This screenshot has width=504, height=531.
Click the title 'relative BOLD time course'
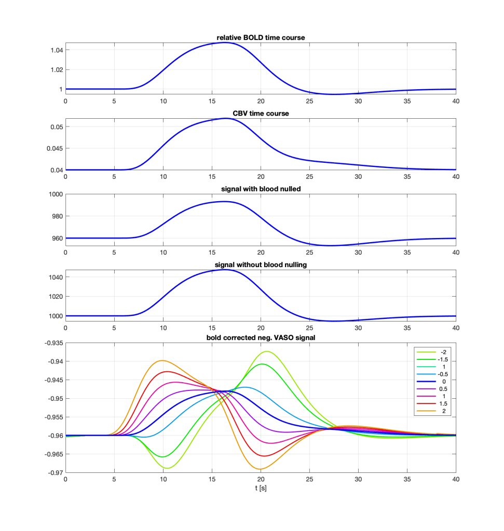261,37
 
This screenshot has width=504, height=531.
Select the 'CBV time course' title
261,113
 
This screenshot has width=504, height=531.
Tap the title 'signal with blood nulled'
261,189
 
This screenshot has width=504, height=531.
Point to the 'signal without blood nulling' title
261,265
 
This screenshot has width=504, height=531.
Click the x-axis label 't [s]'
261,488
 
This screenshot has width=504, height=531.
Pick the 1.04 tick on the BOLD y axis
53,50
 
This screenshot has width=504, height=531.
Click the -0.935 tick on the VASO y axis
50,343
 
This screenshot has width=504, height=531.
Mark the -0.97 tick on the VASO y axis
52,472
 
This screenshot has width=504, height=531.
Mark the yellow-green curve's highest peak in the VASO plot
267,352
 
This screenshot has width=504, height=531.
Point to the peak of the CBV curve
226,118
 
